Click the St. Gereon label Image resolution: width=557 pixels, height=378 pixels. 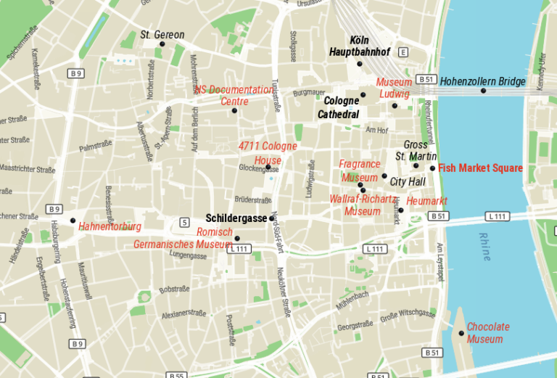click(162, 34)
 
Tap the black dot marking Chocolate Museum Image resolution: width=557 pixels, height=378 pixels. click(461, 333)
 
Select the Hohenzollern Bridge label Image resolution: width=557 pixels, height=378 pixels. click(482, 81)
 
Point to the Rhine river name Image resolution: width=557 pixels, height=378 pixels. click(485, 247)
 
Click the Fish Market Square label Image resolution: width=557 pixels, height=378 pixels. click(480, 168)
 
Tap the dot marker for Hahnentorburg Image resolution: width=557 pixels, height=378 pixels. click(73, 220)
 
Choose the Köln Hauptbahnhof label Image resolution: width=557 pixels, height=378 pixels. click(360, 46)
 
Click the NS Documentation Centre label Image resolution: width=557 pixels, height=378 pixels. click(234, 95)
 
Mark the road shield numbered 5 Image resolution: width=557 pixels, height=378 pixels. click(185, 221)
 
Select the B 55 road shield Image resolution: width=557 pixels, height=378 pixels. click(176, 375)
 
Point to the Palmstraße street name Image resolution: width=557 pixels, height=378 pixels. click(95, 147)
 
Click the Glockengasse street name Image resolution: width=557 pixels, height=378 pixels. click(253, 168)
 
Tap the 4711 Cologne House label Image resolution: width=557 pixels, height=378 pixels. click(268, 153)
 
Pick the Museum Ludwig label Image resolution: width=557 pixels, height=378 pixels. click(394, 88)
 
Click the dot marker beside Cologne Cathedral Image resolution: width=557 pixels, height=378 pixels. click(363, 94)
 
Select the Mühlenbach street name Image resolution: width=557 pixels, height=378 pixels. click(352, 298)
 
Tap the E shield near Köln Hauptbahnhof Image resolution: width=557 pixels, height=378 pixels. click(403, 52)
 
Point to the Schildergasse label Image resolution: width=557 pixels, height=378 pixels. click(236, 218)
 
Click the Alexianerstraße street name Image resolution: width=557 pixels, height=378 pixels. click(183, 313)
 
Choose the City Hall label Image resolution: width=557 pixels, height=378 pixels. click(408, 182)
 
